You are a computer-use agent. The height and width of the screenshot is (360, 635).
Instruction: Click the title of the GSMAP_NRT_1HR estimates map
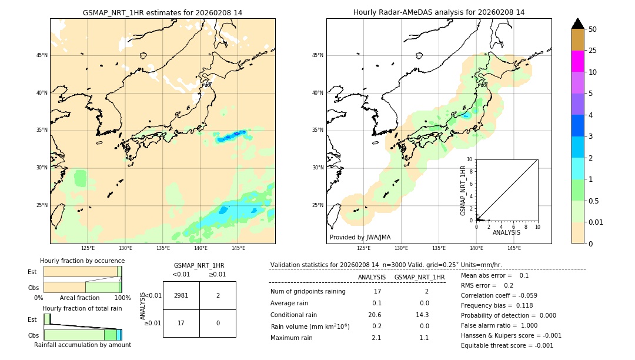tap(162, 12)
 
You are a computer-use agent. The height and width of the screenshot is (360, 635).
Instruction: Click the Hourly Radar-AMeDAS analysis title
tap(439, 12)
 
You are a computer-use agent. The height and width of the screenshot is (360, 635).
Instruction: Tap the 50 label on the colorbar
tap(593, 29)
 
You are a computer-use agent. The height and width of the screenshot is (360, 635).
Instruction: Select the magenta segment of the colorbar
tap(577, 61)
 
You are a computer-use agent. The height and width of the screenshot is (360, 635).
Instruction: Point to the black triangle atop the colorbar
tap(577, 24)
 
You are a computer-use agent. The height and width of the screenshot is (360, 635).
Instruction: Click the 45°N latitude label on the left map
tap(42, 55)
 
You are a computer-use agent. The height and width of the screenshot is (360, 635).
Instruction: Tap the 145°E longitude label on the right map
tap(514, 248)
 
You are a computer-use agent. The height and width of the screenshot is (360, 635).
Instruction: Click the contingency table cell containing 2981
tap(181, 295)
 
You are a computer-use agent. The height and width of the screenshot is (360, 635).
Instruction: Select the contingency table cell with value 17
tap(181, 323)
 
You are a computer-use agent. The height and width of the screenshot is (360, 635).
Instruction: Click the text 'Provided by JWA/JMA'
tap(360, 237)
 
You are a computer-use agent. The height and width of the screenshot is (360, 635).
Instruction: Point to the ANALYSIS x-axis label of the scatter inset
tap(506, 232)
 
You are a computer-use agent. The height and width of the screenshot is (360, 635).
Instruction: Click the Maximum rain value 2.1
tap(376, 338)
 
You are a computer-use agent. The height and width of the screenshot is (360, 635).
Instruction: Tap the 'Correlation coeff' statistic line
tap(499, 295)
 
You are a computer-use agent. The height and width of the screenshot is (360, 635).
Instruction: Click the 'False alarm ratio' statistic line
tap(499, 325)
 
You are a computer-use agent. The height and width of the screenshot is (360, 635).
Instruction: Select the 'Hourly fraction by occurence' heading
tap(82, 261)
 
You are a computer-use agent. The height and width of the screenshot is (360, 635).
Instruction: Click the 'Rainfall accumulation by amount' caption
tap(82, 345)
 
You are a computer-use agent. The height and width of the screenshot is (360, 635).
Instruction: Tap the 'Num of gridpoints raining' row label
tap(308, 291)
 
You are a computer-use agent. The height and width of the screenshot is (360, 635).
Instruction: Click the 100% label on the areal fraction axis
tap(122, 298)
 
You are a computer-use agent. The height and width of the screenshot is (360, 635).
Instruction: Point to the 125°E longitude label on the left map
tap(88, 248)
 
